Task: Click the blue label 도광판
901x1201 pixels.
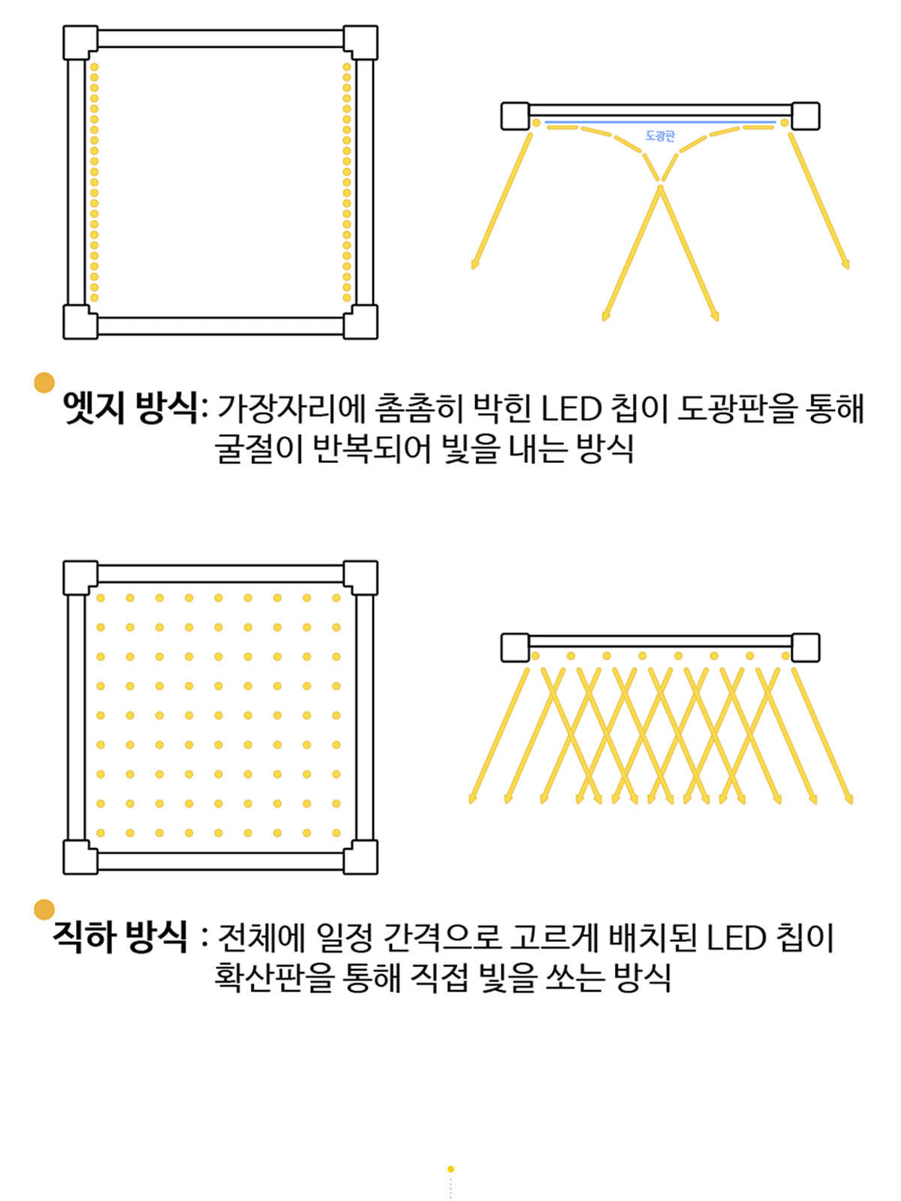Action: click(x=660, y=136)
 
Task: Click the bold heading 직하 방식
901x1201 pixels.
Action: click(x=120, y=938)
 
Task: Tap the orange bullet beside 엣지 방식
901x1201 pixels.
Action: click(x=44, y=383)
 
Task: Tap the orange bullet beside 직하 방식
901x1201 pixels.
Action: click(x=44, y=910)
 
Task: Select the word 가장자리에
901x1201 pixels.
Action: click(x=291, y=409)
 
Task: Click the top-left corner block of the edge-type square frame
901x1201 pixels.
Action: click(x=80, y=42)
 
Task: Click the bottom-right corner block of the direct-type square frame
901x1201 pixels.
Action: click(x=360, y=857)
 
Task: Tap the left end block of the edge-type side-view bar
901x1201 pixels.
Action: click(x=515, y=116)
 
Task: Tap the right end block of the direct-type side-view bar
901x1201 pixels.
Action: click(x=805, y=648)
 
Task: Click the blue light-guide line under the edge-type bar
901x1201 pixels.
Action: click(x=660, y=122)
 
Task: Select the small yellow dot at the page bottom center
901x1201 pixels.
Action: click(x=450, y=1169)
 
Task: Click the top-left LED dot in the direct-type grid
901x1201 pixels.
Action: click(x=101, y=598)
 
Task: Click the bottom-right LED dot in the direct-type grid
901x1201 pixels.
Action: click(x=336, y=832)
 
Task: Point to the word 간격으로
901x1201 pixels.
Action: click(x=442, y=938)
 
